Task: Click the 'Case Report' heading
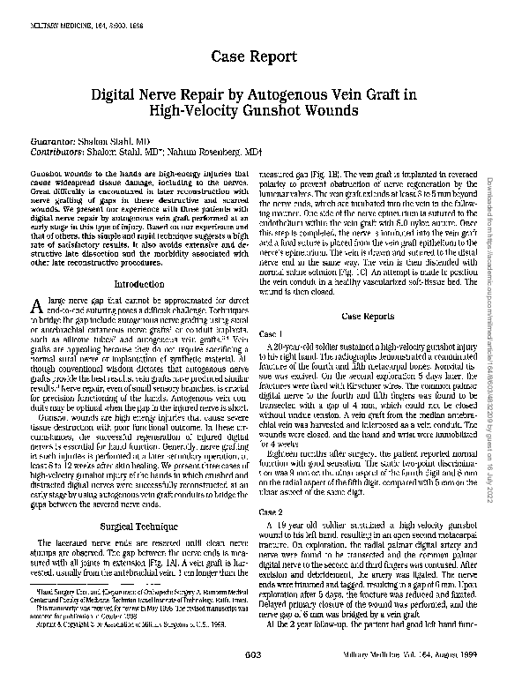click(252, 57)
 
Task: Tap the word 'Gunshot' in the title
click(307, 112)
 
